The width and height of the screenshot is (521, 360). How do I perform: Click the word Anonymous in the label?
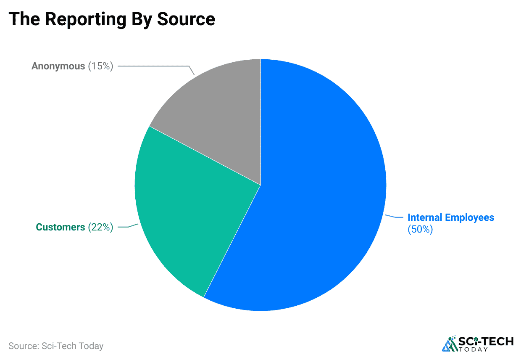[x=58, y=66]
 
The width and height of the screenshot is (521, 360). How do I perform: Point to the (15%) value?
[x=100, y=66]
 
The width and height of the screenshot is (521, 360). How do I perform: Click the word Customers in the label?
[x=60, y=228]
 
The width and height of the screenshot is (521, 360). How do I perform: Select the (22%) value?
[x=100, y=228]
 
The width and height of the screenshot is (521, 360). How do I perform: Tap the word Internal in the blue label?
[x=425, y=218]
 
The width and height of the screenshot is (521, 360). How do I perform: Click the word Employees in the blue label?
[x=470, y=218]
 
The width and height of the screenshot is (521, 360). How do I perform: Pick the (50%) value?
[x=420, y=229]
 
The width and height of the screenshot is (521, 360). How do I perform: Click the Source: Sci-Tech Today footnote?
[x=56, y=346]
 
